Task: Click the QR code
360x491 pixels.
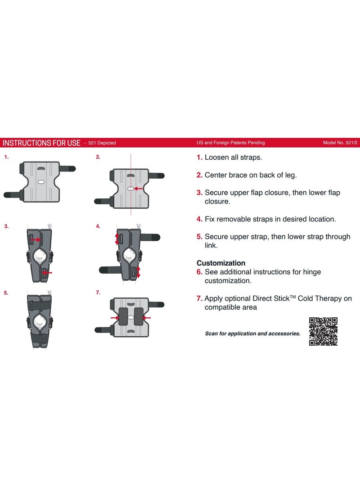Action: coord(323,331)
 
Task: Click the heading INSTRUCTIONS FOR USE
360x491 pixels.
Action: coord(42,143)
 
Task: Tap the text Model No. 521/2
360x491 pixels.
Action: coord(340,143)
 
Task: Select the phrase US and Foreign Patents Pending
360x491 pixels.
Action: coord(231,143)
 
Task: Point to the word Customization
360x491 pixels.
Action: coord(221,263)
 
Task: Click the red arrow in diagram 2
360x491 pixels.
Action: coord(138,189)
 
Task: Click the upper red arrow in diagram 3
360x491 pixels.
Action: coord(36,240)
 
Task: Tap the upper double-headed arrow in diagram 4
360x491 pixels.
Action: coord(117,239)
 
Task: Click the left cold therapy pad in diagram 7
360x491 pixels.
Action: coord(123,316)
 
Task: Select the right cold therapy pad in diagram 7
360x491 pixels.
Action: coord(139,316)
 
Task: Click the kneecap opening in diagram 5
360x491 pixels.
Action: coord(40,321)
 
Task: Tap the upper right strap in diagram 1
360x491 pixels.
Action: coord(67,169)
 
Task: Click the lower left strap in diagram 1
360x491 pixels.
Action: coord(12,195)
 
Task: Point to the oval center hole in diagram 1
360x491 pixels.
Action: coord(41,182)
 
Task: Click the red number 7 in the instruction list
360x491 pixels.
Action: coord(199,298)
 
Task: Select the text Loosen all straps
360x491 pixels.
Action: coord(233,157)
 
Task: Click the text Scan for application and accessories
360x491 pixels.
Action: coord(252,333)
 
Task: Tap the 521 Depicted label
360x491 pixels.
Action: coord(102,143)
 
